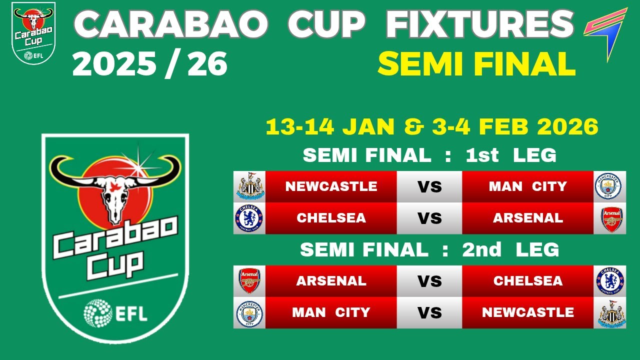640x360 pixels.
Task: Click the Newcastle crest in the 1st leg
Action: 249,186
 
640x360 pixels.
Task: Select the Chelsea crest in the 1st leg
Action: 249,218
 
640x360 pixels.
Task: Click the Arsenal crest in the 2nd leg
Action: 249,280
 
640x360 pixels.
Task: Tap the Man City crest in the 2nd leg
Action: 249,312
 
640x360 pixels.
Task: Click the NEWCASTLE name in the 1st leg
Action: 331,186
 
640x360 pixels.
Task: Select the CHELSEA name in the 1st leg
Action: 331,218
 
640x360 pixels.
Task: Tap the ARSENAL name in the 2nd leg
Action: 331,281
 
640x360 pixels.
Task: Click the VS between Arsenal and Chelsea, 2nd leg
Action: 429,281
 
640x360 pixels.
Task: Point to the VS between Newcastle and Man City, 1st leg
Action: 429,186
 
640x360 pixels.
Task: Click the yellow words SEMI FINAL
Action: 476,64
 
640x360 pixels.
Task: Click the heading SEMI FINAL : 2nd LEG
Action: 429,249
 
